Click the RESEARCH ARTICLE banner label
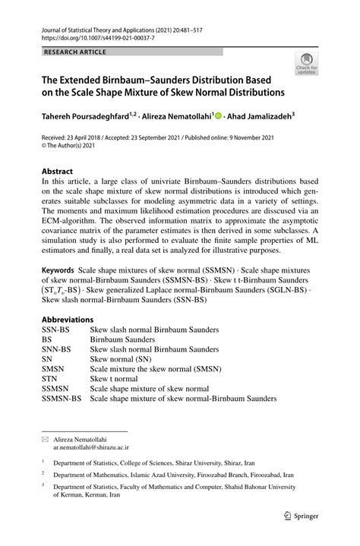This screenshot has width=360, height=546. click(75, 52)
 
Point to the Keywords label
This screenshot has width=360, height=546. click(58, 270)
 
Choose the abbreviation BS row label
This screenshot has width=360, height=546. click(46, 341)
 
